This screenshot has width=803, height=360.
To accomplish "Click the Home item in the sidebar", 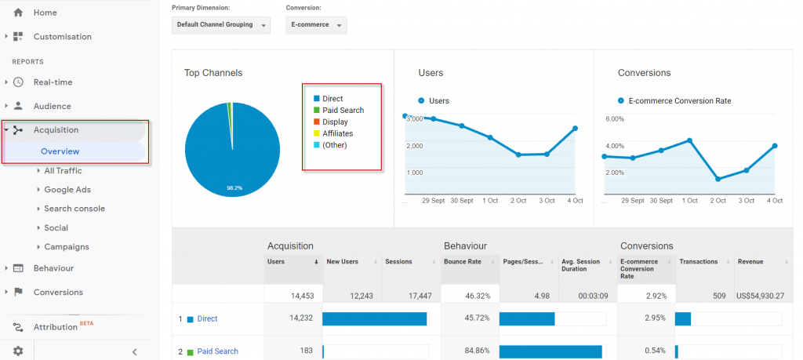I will tap(45, 13).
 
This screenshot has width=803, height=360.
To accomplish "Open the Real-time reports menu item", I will tap(53, 82).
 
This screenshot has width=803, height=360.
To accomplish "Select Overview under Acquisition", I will tap(60, 151).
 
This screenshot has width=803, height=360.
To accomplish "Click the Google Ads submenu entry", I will tap(67, 190).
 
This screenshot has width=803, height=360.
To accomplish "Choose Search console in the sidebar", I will tap(74, 209).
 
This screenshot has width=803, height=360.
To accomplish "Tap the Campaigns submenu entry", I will tap(66, 247).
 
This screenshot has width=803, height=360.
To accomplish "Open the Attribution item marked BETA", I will tap(56, 327).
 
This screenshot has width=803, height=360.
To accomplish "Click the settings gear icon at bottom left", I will tap(18, 351).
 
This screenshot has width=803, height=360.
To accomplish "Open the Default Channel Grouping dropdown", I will tap(220, 25).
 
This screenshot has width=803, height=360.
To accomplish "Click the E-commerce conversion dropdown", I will tap(316, 25).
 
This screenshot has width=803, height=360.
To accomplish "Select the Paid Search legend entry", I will tap(343, 111).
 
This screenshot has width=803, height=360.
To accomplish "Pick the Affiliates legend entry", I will tap(337, 133).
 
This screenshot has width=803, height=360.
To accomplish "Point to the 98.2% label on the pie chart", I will tap(232, 188).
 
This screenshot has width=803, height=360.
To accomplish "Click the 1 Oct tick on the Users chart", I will tap(490, 201).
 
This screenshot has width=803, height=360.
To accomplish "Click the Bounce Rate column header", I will tap(462, 261).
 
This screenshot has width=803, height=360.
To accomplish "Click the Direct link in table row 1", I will tap(207, 319).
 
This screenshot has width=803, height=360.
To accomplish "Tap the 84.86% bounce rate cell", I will tap(467, 351).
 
